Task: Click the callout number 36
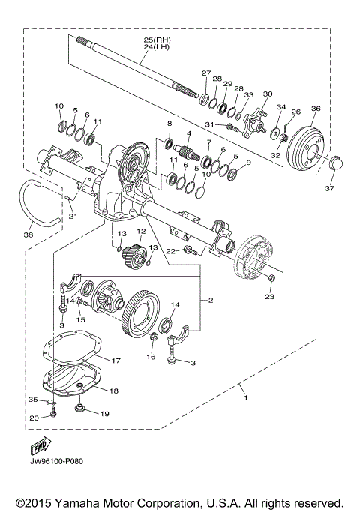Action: pyautogui.click(x=315, y=109)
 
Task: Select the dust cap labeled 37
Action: pyautogui.click(x=335, y=162)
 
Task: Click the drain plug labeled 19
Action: pyautogui.click(x=82, y=410)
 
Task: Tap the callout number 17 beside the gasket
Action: pyautogui.click(x=115, y=361)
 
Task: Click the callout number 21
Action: pyautogui.click(x=72, y=217)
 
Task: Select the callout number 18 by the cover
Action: pyautogui.click(x=114, y=391)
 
